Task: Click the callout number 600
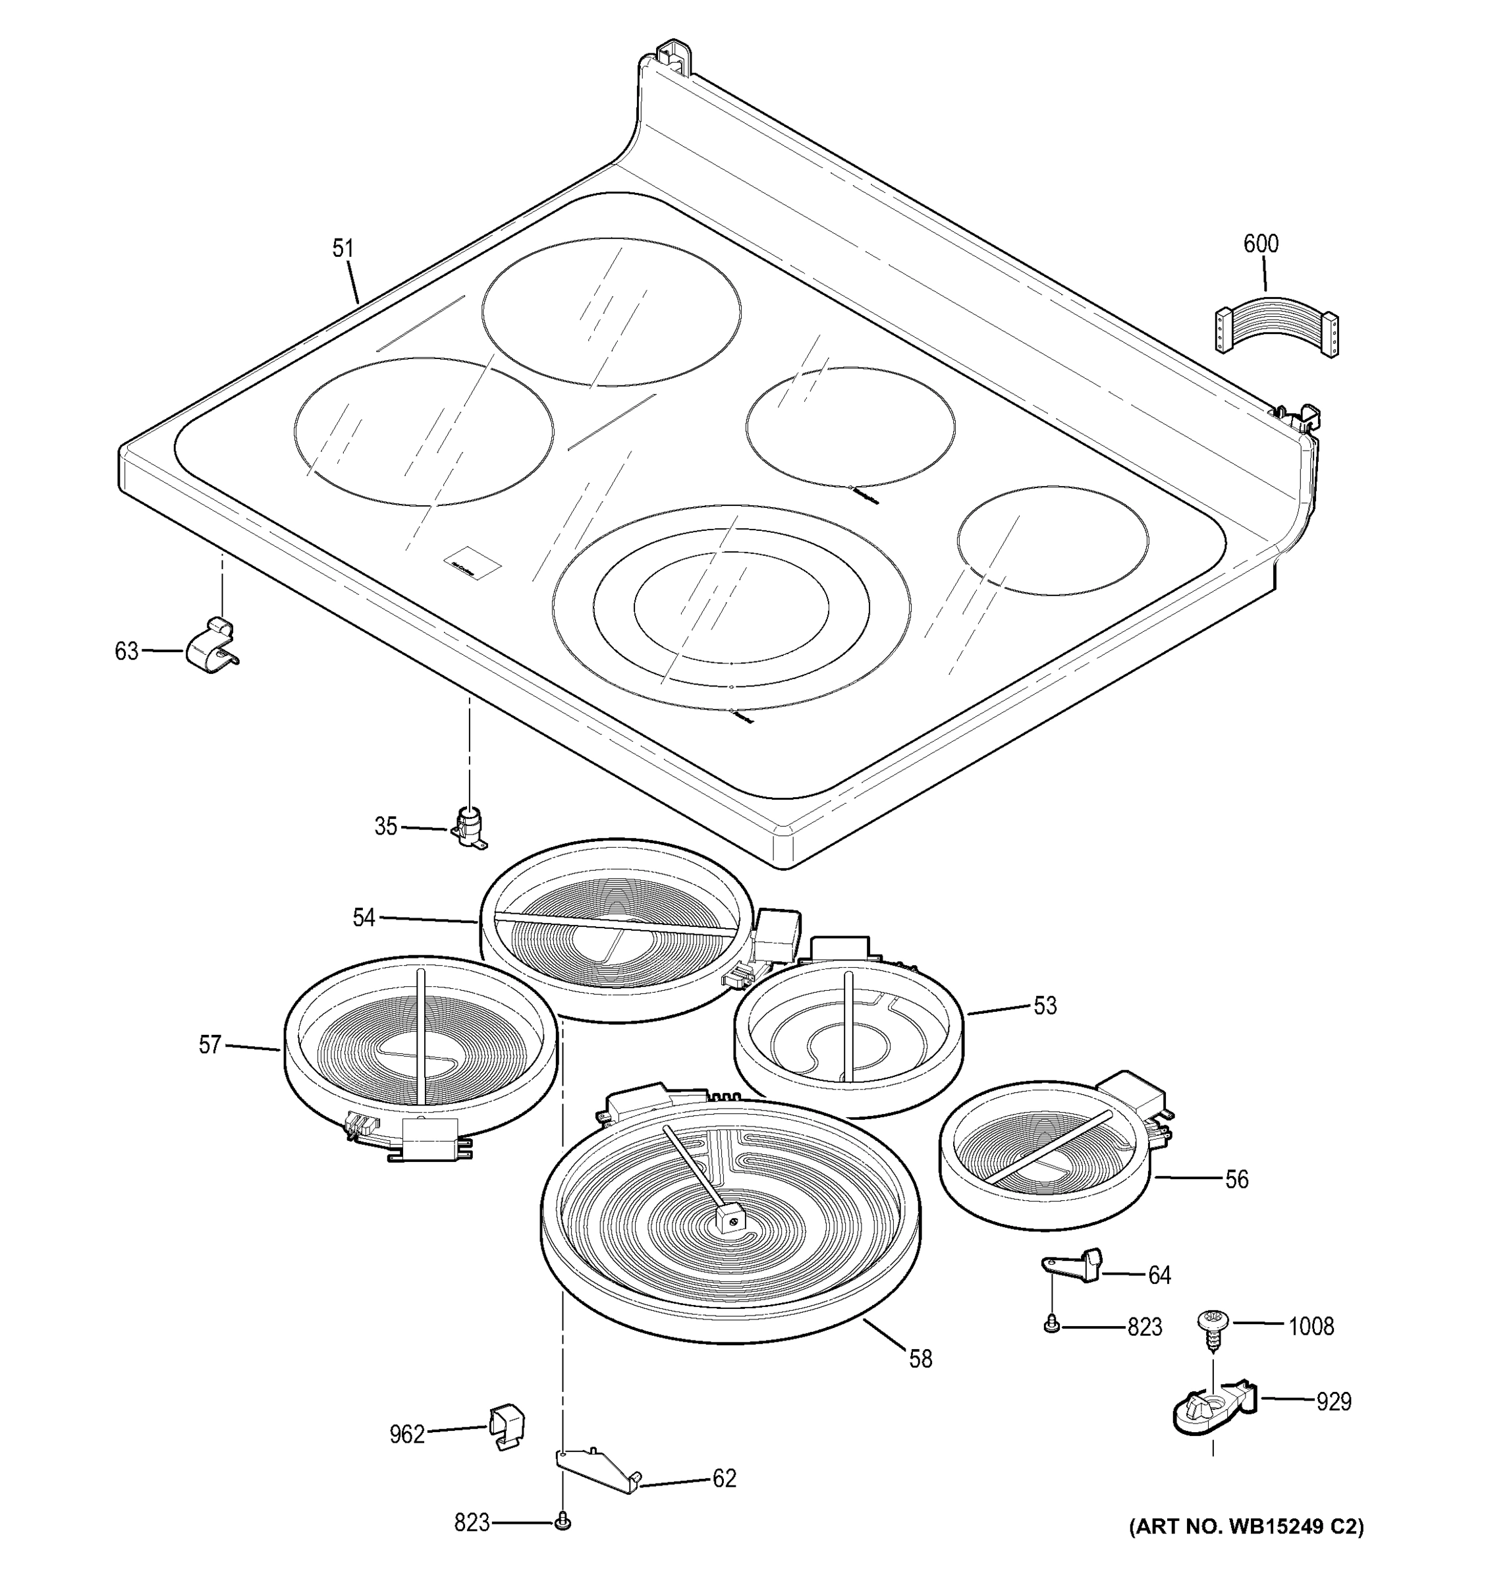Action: (1260, 243)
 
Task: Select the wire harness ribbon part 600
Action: (1276, 325)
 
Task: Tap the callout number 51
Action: (343, 249)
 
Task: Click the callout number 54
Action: (364, 918)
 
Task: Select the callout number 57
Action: (210, 1044)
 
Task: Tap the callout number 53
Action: (1045, 1006)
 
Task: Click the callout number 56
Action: (1236, 1179)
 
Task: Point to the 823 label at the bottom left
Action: (472, 1523)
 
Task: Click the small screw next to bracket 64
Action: (1051, 1323)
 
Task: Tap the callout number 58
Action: (920, 1359)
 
